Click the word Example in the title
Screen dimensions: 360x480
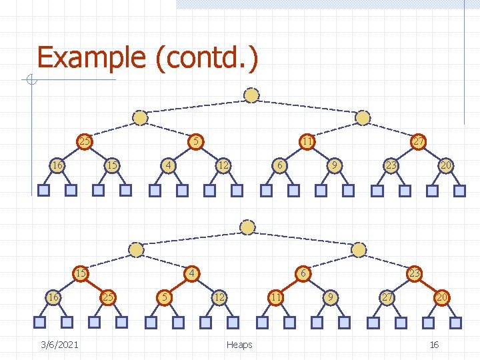pyautogui.click(x=91, y=57)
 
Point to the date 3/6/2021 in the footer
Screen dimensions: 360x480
pyautogui.click(x=59, y=344)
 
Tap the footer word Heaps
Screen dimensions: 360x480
pyautogui.click(x=239, y=344)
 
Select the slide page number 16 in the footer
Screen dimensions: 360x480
pyautogui.click(x=434, y=344)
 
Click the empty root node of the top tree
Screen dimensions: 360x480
pyautogui.click(x=251, y=95)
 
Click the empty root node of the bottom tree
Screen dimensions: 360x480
pyautogui.click(x=248, y=227)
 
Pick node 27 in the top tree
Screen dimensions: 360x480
pyautogui.click(x=418, y=141)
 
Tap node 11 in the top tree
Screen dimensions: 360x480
pyautogui.click(x=307, y=141)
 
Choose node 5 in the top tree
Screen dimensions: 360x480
pyautogui.click(x=195, y=141)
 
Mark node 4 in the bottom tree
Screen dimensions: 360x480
pyautogui.click(x=191, y=273)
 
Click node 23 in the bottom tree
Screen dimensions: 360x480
pyautogui.click(x=414, y=273)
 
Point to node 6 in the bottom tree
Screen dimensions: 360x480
pyautogui.click(x=303, y=273)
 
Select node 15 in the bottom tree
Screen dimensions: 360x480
pyautogui.click(x=81, y=273)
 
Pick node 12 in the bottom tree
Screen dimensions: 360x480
pyautogui.click(x=219, y=297)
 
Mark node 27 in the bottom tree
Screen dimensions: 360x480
pyautogui.click(x=386, y=297)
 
